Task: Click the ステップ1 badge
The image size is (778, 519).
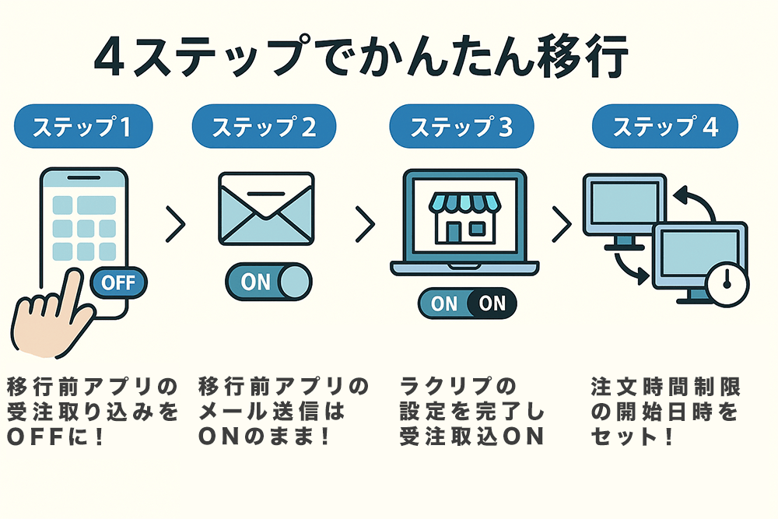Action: pyautogui.click(x=82, y=127)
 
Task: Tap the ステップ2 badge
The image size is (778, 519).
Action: pyautogui.click(x=264, y=127)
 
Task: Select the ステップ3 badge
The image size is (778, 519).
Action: pyautogui.click(x=461, y=127)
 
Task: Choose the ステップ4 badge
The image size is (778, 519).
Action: pyautogui.click(x=665, y=127)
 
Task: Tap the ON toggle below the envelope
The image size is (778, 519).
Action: pyautogui.click(x=268, y=282)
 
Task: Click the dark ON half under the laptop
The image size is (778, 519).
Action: pyautogui.click(x=492, y=303)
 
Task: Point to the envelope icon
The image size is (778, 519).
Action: pyautogui.click(x=266, y=208)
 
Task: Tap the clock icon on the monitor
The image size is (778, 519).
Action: pyautogui.click(x=727, y=283)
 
